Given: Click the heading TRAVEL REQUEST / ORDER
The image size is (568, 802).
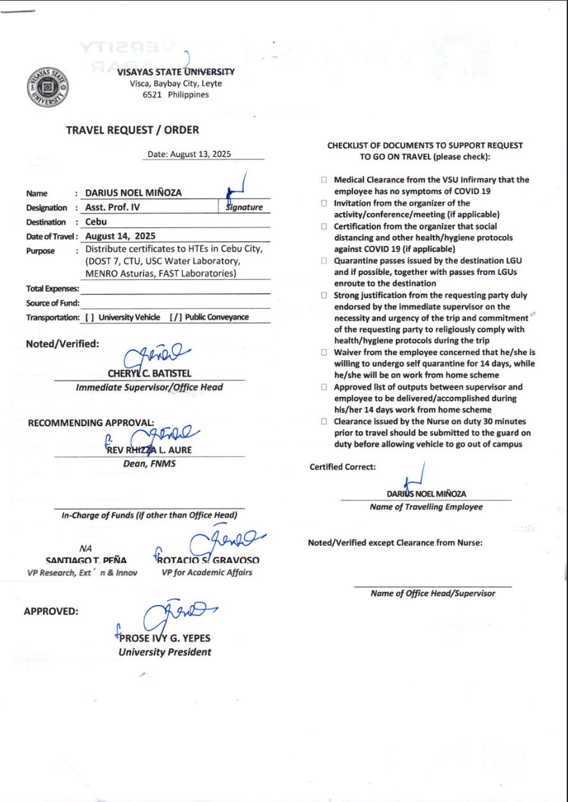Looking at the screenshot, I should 132,130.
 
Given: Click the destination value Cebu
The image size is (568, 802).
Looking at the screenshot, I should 96,222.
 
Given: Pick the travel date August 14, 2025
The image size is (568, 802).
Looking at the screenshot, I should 121,236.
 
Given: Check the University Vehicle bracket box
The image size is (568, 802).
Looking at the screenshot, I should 90,318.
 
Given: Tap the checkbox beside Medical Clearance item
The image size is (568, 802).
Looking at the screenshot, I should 324,181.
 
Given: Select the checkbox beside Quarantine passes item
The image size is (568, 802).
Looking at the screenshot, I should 324,261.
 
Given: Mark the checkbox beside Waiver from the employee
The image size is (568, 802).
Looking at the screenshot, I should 324,352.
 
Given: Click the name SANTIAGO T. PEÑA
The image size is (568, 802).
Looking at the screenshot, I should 86,560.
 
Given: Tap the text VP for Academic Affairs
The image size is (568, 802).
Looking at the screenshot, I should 207,573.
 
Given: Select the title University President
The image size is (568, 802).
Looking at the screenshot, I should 165,652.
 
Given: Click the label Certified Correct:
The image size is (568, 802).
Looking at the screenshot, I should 342,467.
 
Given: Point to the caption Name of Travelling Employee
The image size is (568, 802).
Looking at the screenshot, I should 426,507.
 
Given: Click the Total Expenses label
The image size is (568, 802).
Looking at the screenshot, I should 53,289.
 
